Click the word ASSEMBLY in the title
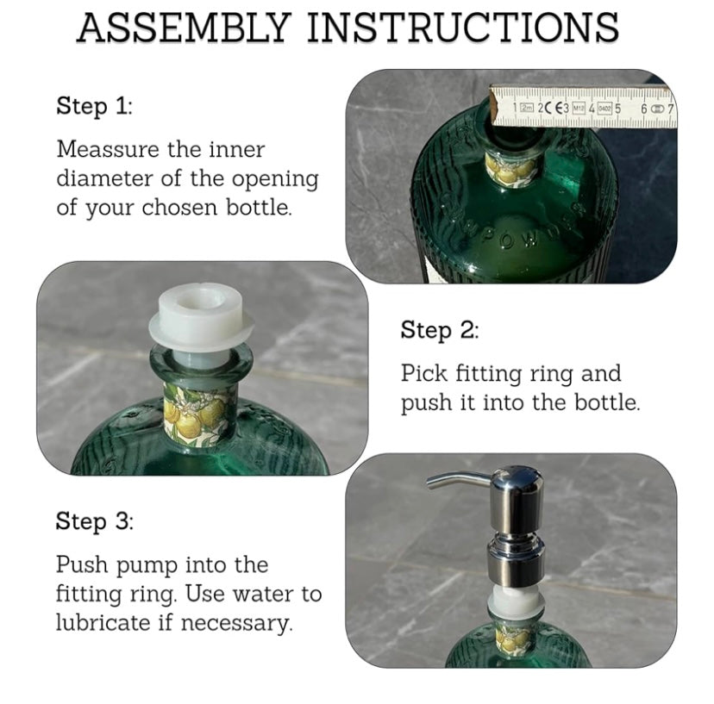tap(184, 28)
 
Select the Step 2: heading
tap(439, 330)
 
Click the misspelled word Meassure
tap(109, 149)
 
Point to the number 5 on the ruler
tap(617, 108)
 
